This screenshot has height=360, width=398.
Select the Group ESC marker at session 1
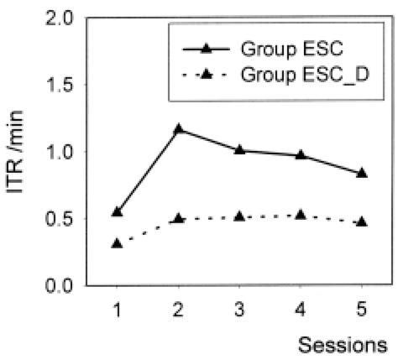tap(117, 211)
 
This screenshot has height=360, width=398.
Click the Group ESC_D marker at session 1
tap(117, 243)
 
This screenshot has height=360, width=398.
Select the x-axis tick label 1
tap(117, 309)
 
